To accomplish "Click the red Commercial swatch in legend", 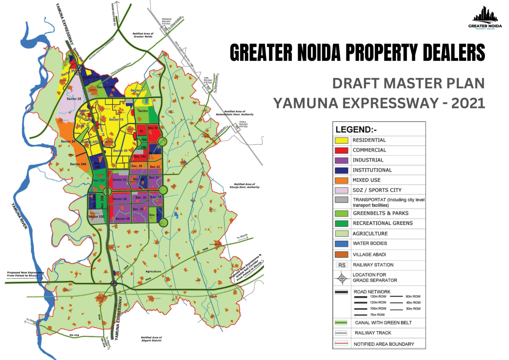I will (341, 150).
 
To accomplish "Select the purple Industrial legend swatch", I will (341, 160).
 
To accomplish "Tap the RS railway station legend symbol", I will (342, 265).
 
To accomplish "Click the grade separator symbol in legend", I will (342, 278).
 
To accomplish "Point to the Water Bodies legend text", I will (370, 243).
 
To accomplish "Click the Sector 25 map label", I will (74, 99).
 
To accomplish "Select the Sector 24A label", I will (78, 164).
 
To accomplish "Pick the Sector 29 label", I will (122, 219).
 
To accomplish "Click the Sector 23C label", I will (96, 216).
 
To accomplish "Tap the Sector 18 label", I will (116, 119).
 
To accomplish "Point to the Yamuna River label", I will (20, 216).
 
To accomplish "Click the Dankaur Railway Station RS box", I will (164, 30).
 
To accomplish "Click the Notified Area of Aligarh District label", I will (151, 339).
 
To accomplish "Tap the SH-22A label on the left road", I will (74, 335).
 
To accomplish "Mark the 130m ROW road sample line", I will (361, 297).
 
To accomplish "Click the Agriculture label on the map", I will (153, 271).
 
